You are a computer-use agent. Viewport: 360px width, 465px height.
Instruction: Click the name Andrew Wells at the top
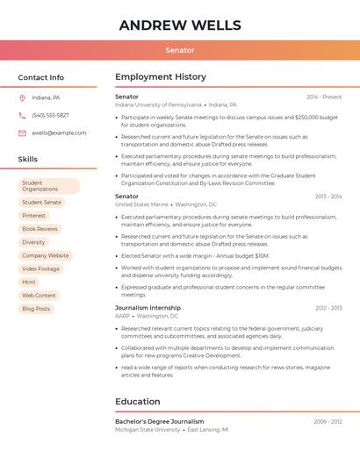pyautogui.click(x=179, y=25)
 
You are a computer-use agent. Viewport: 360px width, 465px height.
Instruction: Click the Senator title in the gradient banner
pyautogui.click(x=179, y=50)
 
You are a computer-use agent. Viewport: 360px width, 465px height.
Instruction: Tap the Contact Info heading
pyautogui.click(x=40, y=77)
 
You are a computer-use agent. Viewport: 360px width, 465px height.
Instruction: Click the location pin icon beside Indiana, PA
pyautogui.click(x=22, y=97)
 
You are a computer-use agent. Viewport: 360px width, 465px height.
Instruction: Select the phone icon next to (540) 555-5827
pyautogui.click(x=22, y=115)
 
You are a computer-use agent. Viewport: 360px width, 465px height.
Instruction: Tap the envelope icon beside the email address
pyautogui.click(x=22, y=133)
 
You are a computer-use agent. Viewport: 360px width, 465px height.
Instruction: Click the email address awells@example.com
pyautogui.click(x=59, y=133)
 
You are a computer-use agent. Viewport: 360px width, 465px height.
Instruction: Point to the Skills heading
pyautogui.click(x=27, y=160)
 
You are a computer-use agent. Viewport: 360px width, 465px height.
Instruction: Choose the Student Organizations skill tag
pyautogui.click(x=48, y=186)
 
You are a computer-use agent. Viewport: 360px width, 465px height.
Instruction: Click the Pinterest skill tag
pyautogui.click(x=33, y=215)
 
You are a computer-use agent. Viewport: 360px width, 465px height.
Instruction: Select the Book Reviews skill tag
pyautogui.click(x=40, y=229)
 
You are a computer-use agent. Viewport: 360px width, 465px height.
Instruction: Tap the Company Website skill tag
pyautogui.click(x=45, y=255)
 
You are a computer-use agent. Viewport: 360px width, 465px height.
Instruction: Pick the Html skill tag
pyautogui.click(x=29, y=282)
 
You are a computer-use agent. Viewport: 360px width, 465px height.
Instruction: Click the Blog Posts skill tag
pyautogui.click(x=36, y=309)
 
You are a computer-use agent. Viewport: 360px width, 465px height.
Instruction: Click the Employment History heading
pyautogui.click(x=161, y=77)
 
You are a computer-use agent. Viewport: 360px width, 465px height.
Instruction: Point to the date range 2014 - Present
pyautogui.click(x=324, y=97)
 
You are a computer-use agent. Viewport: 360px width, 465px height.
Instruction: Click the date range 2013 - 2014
pyautogui.click(x=328, y=197)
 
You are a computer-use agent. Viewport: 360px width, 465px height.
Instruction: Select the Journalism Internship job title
pyautogui.click(x=148, y=308)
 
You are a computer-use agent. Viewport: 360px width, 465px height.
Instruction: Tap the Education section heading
pyautogui.click(x=137, y=402)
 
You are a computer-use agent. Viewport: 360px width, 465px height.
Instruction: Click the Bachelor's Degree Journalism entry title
pyautogui.click(x=159, y=421)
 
